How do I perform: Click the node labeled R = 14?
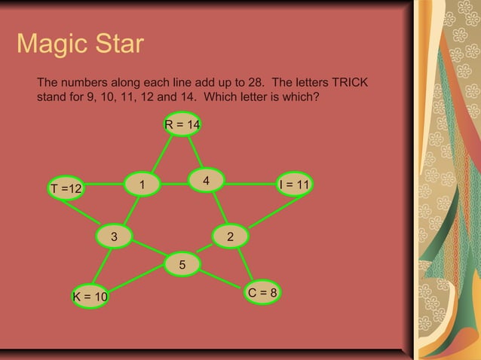click(x=182, y=124)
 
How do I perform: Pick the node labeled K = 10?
click(x=90, y=297)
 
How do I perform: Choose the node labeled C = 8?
click(x=262, y=292)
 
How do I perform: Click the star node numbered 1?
click(x=142, y=184)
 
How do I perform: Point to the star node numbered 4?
click(x=206, y=180)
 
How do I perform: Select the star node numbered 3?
click(x=114, y=236)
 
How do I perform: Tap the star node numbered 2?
click(x=231, y=236)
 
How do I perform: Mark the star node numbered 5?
click(x=182, y=264)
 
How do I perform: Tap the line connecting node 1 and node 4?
click(x=174, y=183)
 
